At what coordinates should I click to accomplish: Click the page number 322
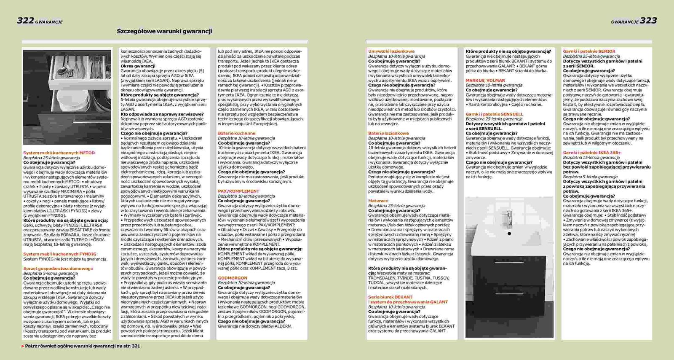pyautogui.click(x=25, y=21)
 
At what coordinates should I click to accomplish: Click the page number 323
pyautogui.click(x=648, y=21)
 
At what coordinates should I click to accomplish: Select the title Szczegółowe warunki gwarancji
pyautogui.click(x=164, y=31)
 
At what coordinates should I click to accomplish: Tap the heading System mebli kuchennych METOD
pyautogui.click(x=59, y=153)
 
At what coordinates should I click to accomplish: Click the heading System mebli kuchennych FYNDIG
pyautogui.click(x=60, y=254)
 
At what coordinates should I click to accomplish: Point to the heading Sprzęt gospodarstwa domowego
pyautogui.click(x=58, y=269)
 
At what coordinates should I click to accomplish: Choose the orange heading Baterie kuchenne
pyautogui.click(x=236, y=133)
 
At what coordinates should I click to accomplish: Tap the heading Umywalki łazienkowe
pyautogui.click(x=391, y=51)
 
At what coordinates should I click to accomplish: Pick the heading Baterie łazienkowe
pyautogui.click(x=388, y=133)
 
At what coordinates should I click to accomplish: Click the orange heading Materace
pyautogui.click(x=378, y=201)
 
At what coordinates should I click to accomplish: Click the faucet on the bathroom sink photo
pyautogui.click(x=509, y=217)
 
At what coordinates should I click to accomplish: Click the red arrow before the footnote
pyautogui.click(x=23, y=346)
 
